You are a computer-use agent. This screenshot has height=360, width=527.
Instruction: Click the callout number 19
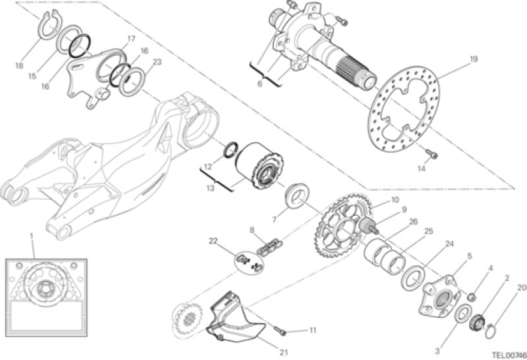(473, 59)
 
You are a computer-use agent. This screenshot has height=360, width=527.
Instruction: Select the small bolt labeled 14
(431, 154)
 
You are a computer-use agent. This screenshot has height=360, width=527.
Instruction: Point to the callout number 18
(19, 66)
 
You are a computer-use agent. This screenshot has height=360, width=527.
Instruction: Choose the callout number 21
(284, 352)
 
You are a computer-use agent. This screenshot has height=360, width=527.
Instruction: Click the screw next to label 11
(281, 330)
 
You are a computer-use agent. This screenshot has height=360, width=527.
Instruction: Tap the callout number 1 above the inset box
(31, 236)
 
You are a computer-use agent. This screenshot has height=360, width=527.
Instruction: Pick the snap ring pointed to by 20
(488, 331)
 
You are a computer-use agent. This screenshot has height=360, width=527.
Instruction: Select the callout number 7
(275, 220)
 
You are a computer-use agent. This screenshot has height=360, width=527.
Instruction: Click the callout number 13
(210, 188)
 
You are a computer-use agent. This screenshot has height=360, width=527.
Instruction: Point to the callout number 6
(260, 84)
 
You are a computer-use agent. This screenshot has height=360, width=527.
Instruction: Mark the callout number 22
(213, 241)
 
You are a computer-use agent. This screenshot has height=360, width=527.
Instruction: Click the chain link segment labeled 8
(269, 247)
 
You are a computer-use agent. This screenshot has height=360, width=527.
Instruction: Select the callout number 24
(449, 244)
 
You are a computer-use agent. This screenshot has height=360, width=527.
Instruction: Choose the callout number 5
(470, 256)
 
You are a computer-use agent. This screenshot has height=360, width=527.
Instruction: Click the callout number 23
(157, 62)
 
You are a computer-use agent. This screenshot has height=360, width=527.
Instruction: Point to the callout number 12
(208, 167)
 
